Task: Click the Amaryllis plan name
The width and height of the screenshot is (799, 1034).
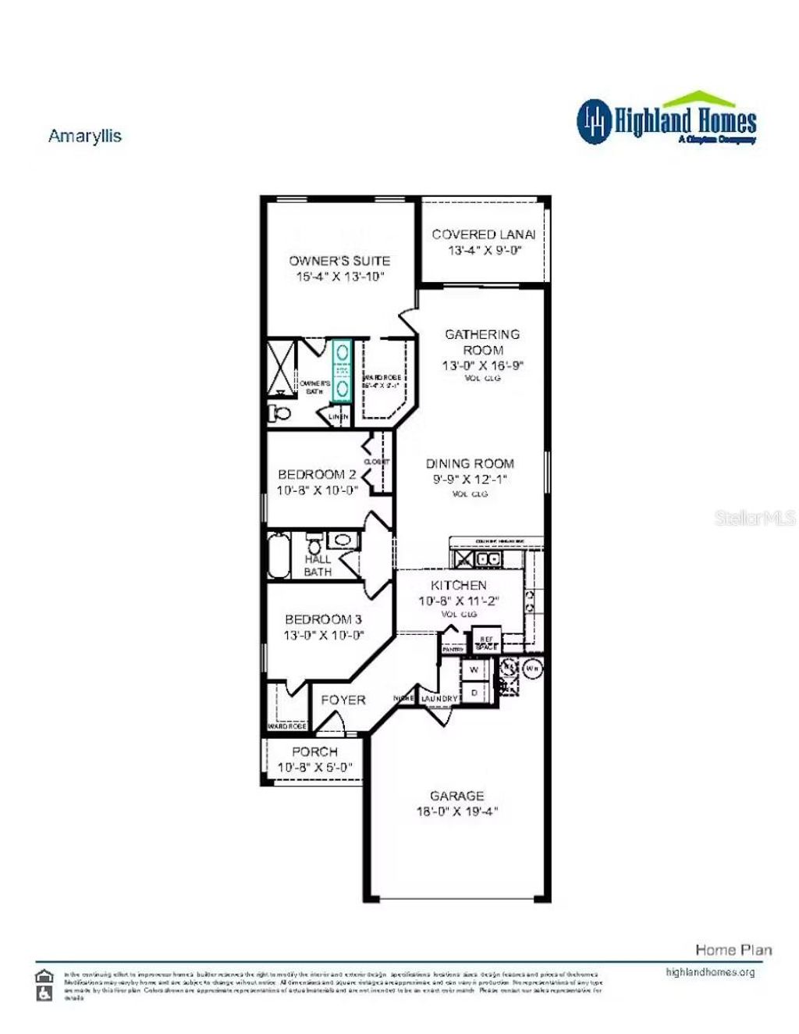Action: (x=85, y=136)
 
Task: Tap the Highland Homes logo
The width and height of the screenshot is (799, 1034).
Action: (x=667, y=120)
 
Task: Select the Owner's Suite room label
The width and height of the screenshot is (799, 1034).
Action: (x=339, y=261)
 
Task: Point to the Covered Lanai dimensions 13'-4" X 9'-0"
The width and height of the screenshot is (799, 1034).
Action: (x=484, y=251)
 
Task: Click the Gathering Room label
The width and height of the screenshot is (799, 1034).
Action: (x=482, y=342)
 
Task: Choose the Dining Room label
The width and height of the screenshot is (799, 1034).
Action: (x=470, y=463)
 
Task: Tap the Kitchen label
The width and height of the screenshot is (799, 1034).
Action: (x=459, y=585)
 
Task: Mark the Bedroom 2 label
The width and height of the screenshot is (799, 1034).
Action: (x=317, y=474)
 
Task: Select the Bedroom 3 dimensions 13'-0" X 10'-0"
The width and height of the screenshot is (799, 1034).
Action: (x=323, y=635)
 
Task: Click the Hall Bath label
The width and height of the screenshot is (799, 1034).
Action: (x=318, y=565)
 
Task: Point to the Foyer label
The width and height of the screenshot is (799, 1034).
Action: (x=343, y=700)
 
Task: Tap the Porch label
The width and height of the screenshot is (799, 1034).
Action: (x=314, y=751)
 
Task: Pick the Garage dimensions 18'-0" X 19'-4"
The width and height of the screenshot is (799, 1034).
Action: (x=457, y=811)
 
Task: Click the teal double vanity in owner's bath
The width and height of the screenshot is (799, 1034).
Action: (x=342, y=370)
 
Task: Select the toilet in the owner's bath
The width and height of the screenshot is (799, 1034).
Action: (x=279, y=412)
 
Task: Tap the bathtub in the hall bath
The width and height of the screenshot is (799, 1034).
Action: (x=279, y=555)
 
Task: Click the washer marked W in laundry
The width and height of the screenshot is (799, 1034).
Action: (x=474, y=670)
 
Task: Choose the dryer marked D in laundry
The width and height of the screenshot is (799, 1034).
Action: (x=474, y=692)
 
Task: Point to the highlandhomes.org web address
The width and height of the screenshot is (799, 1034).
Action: (x=710, y=972)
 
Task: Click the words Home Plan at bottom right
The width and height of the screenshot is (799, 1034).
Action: (x=733, y=950)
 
